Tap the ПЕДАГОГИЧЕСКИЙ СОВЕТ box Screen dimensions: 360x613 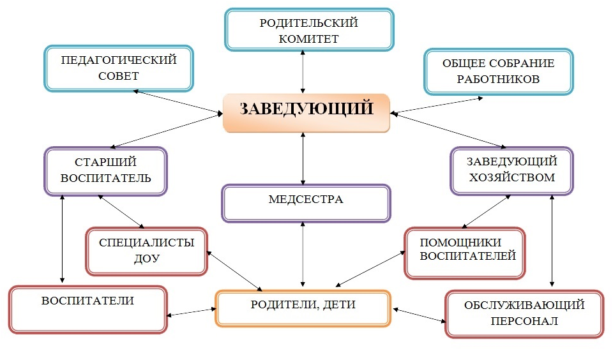pos(119,68)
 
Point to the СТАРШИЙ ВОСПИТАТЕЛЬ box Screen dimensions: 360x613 pos(105,170)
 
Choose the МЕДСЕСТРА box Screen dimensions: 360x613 pos(306,203)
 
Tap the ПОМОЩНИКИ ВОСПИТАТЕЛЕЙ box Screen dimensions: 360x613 pos(464,253)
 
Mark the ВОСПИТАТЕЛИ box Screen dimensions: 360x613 pos(87,309)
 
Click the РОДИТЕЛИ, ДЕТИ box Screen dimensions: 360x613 pos(303,308)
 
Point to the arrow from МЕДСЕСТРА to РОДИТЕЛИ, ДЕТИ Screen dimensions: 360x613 pos(303,255)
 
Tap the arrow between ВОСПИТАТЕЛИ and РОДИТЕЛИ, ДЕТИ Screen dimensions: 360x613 pos(191,312)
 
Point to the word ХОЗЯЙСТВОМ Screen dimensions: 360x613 pos(511,177)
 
